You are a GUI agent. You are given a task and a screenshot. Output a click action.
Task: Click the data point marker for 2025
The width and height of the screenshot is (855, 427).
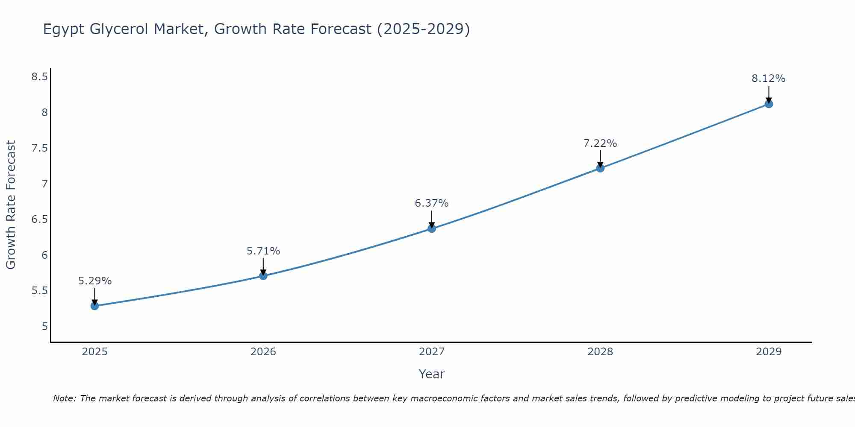pyautogui.click(x=94, y=306)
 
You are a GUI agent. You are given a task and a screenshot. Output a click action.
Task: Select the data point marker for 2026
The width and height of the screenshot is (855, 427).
pyautogui.click(x=263, y=276)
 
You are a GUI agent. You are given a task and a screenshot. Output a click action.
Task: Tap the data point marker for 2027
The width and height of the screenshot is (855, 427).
pyautogui.click(x=432, y=228)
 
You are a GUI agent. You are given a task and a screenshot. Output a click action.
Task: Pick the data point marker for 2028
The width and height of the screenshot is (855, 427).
pyautogui.click(x=600, y=168)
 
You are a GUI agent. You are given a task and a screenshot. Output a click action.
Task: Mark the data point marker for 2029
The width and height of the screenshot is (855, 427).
pyautogui.click(x=769, y=104)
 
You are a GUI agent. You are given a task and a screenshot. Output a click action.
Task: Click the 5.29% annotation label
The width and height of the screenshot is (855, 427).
pyautogui.click(x=95, y=281)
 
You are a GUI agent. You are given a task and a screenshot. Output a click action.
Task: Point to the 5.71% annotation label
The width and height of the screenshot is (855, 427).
pyautogui.click(x=263, y=251)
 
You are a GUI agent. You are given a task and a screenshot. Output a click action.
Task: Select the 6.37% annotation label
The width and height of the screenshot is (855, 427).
pyautogui.click(x=432, y=203)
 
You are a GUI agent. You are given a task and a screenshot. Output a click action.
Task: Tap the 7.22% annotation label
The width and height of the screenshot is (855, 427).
pyautogui.click(x=600, y=143)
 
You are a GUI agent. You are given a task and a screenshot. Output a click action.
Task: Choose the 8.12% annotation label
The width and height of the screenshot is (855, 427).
pyautogui.click(x=769, y=79)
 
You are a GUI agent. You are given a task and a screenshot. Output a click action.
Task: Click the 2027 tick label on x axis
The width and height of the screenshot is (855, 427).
pyautogui.click(x=432, y=352)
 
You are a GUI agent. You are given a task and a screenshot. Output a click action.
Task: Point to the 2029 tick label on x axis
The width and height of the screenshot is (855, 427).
pyautogui.click(x=769, y=352)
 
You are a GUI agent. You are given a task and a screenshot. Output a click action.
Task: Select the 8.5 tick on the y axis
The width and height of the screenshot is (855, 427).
pyautogui.click(x=39, y=77)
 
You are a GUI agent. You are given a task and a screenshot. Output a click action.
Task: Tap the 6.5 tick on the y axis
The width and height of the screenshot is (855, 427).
pyautogui.click(x=39, y=219)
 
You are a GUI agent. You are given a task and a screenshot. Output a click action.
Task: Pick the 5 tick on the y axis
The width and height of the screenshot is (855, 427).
pyautogui.click(x=44, y=327)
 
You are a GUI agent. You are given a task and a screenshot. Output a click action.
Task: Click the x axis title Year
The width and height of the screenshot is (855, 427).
pyautogui.click(x=432, y=374)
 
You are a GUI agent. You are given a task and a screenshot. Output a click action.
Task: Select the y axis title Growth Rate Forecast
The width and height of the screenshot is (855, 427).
pyautogui.click(x=11, y=205)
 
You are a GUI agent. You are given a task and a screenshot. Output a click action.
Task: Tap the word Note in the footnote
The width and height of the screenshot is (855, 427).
pyautogui.click(x=64, y=398)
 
